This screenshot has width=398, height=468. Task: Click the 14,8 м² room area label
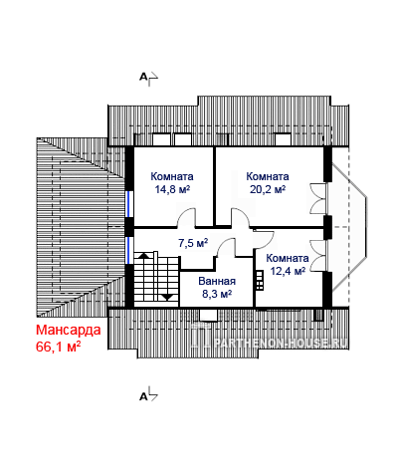point(172,189)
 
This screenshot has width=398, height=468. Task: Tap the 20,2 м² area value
point(268,189)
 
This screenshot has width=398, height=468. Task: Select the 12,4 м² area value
point(288,271)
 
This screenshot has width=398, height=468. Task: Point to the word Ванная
point(217,281)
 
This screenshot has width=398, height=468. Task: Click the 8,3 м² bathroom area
point(217,294)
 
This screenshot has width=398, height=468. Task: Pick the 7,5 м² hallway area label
point(193,243)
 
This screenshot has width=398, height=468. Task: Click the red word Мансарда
point(69,331)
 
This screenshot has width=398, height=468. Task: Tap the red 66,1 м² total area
point(59,347)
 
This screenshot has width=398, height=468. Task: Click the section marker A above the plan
point(143,77)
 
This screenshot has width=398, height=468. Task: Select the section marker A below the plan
point(143,396)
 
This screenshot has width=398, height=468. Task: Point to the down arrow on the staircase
point(167,297)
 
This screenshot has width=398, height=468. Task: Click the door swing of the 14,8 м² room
point(186,217)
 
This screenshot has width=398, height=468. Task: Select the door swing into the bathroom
point(226,247)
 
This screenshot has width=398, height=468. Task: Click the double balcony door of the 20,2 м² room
point(317,198)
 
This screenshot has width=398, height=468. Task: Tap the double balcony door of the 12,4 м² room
point(317,255)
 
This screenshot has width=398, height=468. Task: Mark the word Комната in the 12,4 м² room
point(288,258)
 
